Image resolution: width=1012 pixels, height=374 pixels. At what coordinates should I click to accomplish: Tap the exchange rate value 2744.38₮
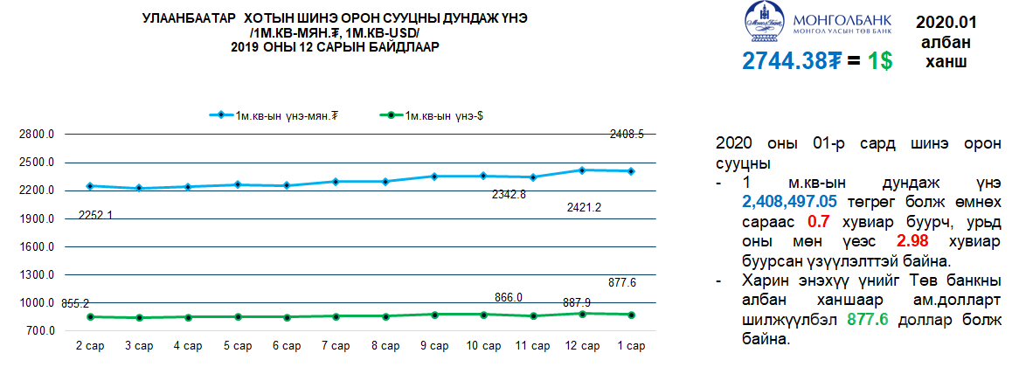[792, 61]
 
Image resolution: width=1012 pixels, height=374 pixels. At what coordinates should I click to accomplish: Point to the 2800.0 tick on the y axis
[38, 135]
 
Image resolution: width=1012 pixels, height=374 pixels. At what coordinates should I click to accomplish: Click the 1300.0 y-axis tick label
[38, 275]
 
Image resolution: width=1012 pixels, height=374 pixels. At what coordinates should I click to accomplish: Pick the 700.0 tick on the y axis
[40, 332]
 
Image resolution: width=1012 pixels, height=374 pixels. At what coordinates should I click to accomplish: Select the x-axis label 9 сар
[433, 346]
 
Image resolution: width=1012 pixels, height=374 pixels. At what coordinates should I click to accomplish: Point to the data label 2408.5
[627, 135]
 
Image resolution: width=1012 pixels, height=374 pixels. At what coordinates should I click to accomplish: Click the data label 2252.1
[96, 214]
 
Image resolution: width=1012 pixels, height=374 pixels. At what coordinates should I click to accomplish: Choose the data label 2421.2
[580, 207]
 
